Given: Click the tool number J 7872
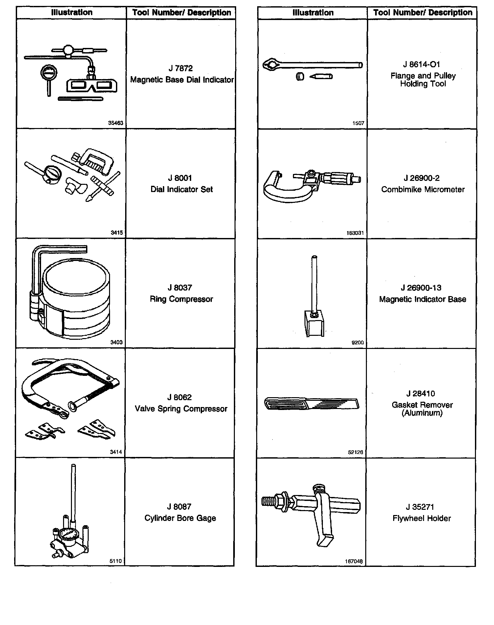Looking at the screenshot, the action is coord(180,68).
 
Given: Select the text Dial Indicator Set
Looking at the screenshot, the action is coord(182,189).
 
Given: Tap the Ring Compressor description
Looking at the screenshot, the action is coord(181,299).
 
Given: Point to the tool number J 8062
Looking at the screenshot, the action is coord(179,398).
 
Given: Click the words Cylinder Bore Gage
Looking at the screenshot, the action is coord(180,518).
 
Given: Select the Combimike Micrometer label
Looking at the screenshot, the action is coord(423,189).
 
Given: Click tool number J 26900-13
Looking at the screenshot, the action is coord(421,288).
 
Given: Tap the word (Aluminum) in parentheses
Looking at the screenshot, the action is coord(422,413).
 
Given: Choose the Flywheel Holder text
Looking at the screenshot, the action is coord(422,518).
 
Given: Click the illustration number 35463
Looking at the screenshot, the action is coord(116,123).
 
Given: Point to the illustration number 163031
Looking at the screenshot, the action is coord(355,233).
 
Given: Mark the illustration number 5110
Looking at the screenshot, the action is coord(116,561).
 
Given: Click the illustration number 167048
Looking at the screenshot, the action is coord(354,561).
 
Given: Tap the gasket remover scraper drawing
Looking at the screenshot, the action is coord(311,403).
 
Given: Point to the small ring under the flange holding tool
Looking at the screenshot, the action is coord(300,77).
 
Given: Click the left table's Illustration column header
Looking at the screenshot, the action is coord(72,12).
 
